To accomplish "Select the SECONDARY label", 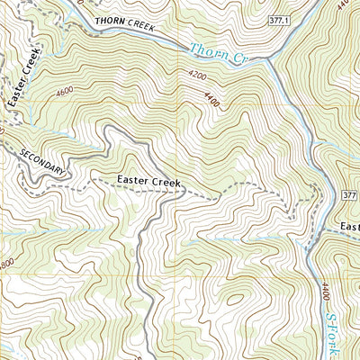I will point(43,161).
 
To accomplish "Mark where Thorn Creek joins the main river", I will point(271,61).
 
